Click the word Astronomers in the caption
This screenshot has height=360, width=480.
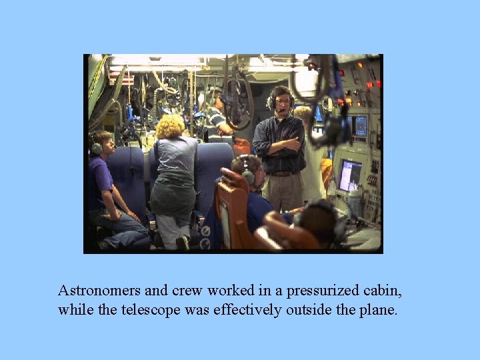coord(99,291)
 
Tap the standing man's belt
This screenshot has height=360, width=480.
coord(281,173)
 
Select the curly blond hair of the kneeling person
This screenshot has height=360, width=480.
coord(170,126)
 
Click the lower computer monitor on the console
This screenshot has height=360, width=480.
coord(349,175)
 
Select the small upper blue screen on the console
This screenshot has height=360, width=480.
coord(359,125)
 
